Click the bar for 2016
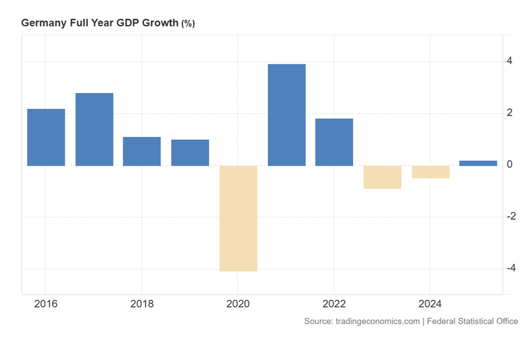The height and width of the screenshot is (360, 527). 46,137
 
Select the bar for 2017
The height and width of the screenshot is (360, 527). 94,129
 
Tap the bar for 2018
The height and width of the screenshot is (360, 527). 142,151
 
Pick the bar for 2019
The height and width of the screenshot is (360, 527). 190,152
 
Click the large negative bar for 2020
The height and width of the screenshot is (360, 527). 238,218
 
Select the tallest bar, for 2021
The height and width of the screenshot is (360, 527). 287,115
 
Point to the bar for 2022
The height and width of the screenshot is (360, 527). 334,142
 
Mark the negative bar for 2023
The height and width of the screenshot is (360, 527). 382,177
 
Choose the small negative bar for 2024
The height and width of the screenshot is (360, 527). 430,171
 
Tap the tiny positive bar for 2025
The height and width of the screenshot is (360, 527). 478,163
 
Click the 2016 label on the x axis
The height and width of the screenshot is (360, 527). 45,304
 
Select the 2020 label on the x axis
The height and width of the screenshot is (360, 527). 238,304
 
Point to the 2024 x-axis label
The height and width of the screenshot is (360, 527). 430,304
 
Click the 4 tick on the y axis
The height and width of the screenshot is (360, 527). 509,62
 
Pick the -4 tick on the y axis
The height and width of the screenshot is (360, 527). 509,269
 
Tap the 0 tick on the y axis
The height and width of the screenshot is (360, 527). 509,165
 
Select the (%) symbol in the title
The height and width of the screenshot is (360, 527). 188,23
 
